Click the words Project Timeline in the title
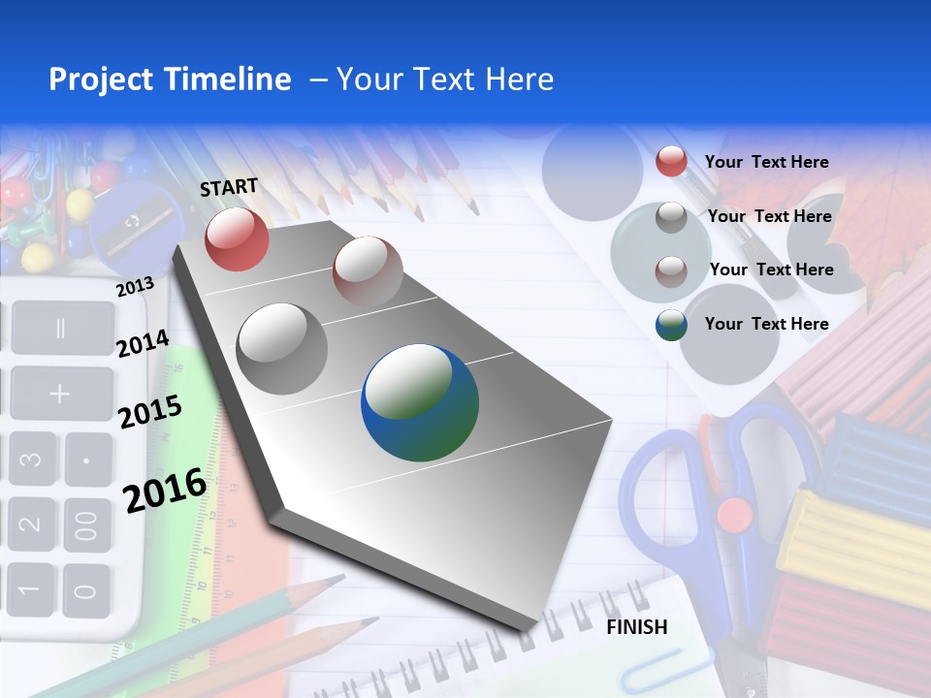pos(170,79)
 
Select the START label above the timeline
pos(229,187)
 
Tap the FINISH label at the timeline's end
pos(637,627)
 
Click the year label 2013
pos(135,286)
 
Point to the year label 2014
pos(143,343)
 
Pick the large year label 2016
pos(165,490)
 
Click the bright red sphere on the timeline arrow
pos(237,238)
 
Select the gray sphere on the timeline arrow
pos(282,349)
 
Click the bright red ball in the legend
pos(671,161)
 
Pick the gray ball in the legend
pos(671,217)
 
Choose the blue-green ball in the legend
pos(671,325)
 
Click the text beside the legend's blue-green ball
pos(766,324)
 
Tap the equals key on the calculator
pos(60,328)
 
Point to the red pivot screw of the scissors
pos(734,513)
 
